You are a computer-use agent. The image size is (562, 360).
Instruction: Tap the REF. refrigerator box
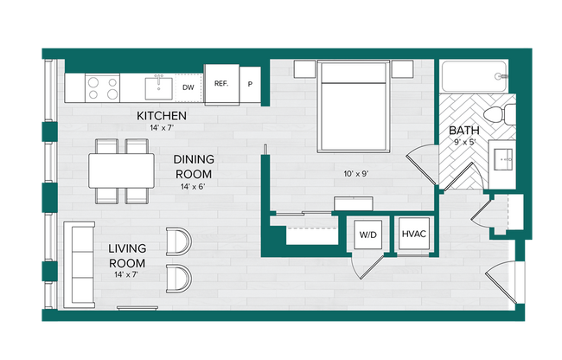coord(220,84)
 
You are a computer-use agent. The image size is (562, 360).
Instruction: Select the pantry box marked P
coord(250,85)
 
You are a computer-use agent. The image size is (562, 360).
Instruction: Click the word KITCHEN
coord(162,116)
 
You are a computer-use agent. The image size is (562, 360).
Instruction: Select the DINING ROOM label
coord(195,165)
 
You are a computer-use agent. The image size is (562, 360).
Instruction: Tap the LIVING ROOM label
coord(126,256)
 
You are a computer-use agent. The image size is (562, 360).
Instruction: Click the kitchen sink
coord(159,87)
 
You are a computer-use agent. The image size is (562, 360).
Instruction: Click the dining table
coord(121,170)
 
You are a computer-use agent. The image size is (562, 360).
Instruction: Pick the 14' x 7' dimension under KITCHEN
coord(162,128)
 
